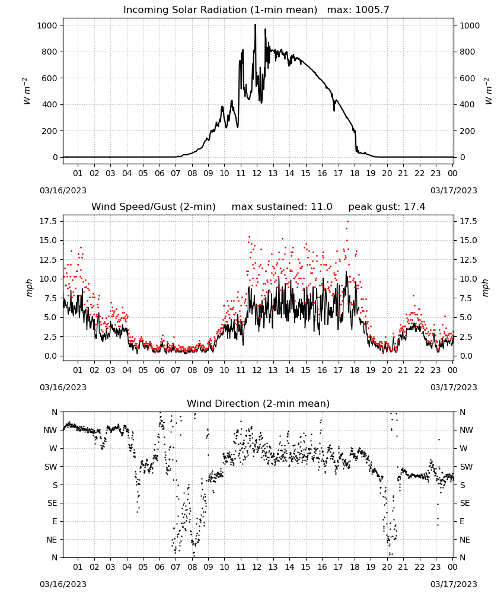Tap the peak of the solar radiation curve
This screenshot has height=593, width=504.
point(255,25)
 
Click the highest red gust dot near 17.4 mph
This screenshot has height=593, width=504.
point(347,222)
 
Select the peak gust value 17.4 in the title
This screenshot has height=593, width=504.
point(414,207)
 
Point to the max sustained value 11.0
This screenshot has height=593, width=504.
point(321,207)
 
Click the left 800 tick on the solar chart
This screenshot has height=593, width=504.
point(50,52)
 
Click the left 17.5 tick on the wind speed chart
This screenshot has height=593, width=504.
point(49,221)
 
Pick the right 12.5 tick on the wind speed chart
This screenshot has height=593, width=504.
point(468,260)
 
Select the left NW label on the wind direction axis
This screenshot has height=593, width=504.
point(50,431)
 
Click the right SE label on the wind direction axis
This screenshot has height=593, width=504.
point(465,503)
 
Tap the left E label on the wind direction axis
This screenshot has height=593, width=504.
point(55,521)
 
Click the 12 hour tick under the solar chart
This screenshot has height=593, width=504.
point(257,174)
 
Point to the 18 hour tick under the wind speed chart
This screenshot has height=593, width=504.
point(355,370)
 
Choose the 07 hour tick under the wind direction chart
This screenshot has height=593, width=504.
point(176,568)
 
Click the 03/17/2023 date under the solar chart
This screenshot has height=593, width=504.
point(454,190)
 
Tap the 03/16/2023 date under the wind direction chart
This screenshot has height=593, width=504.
point(63,584)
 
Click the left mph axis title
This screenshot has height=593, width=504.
point(30,288)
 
